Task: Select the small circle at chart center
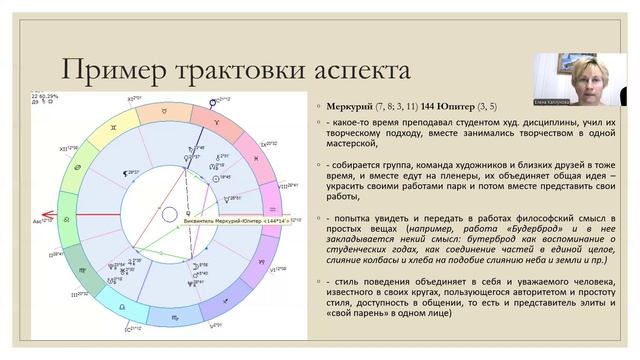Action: point(169,213)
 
